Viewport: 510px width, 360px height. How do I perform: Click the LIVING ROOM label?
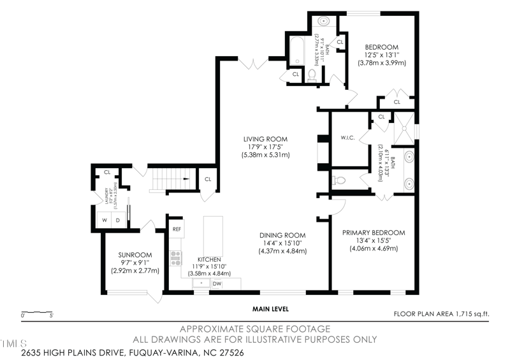pyautogui.click(x=265, y=139)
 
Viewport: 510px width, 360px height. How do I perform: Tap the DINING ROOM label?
pyautogui.click(x=282, y=234)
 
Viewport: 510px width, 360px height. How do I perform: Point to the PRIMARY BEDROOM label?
pyautogui.click(x=373, y=233)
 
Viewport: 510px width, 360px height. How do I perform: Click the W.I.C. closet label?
pyautogui.click(x=347, y=137)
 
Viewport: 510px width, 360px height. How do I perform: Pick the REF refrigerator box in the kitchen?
pyautogui.click(x=177, y=229)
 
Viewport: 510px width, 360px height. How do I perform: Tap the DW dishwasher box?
pyautogui.click(x=217, y=284)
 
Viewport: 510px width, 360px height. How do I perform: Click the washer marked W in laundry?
pyautogui.click(x=103, y=220)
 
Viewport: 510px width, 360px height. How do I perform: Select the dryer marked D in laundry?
pyautogui.click(x=118, y=220)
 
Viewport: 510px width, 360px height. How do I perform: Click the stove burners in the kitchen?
pyautogui.click(x=176, y=258)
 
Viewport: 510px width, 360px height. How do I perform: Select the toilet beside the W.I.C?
pyautogui.click(x=339, y=180)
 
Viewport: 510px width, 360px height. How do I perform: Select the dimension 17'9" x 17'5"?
pyautogui.click(x=265, y=147)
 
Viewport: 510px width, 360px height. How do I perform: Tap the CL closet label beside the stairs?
pyautogui.click(x=208, y=179)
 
